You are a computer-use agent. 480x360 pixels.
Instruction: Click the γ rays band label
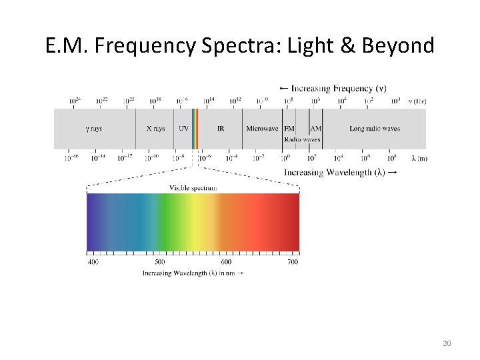click(x=94, y=128)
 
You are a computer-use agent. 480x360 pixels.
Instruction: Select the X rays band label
click(x=155, y=128)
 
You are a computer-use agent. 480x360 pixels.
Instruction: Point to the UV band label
click(x=183, y=128)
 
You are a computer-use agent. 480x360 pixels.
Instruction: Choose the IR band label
click(x=221, y=128)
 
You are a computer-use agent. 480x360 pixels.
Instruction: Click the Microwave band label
click(x=262, y=128)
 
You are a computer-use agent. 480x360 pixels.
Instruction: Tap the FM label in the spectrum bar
click(x=289, y=128)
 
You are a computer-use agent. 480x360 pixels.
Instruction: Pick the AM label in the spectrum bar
click(x=316, y=128)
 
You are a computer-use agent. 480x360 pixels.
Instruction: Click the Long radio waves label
click(x=375, y=128)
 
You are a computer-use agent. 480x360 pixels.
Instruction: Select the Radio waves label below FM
click(x=302, y=139)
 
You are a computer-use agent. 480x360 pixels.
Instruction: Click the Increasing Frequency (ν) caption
click(x=333, y=89)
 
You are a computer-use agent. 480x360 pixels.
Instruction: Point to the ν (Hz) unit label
click(x=418, y=101)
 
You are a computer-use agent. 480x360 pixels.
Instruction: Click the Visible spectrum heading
click(x=193, y=188)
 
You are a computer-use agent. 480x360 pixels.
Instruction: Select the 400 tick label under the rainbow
click(x=93, y=262)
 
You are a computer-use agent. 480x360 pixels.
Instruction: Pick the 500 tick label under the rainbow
click(x=159, y=262)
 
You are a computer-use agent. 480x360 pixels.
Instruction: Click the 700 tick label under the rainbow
click(x=292, y=262)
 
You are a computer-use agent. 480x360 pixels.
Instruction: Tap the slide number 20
click(x=447, y=343)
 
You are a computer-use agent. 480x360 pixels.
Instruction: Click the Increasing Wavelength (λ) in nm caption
click(x=192, y=273)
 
